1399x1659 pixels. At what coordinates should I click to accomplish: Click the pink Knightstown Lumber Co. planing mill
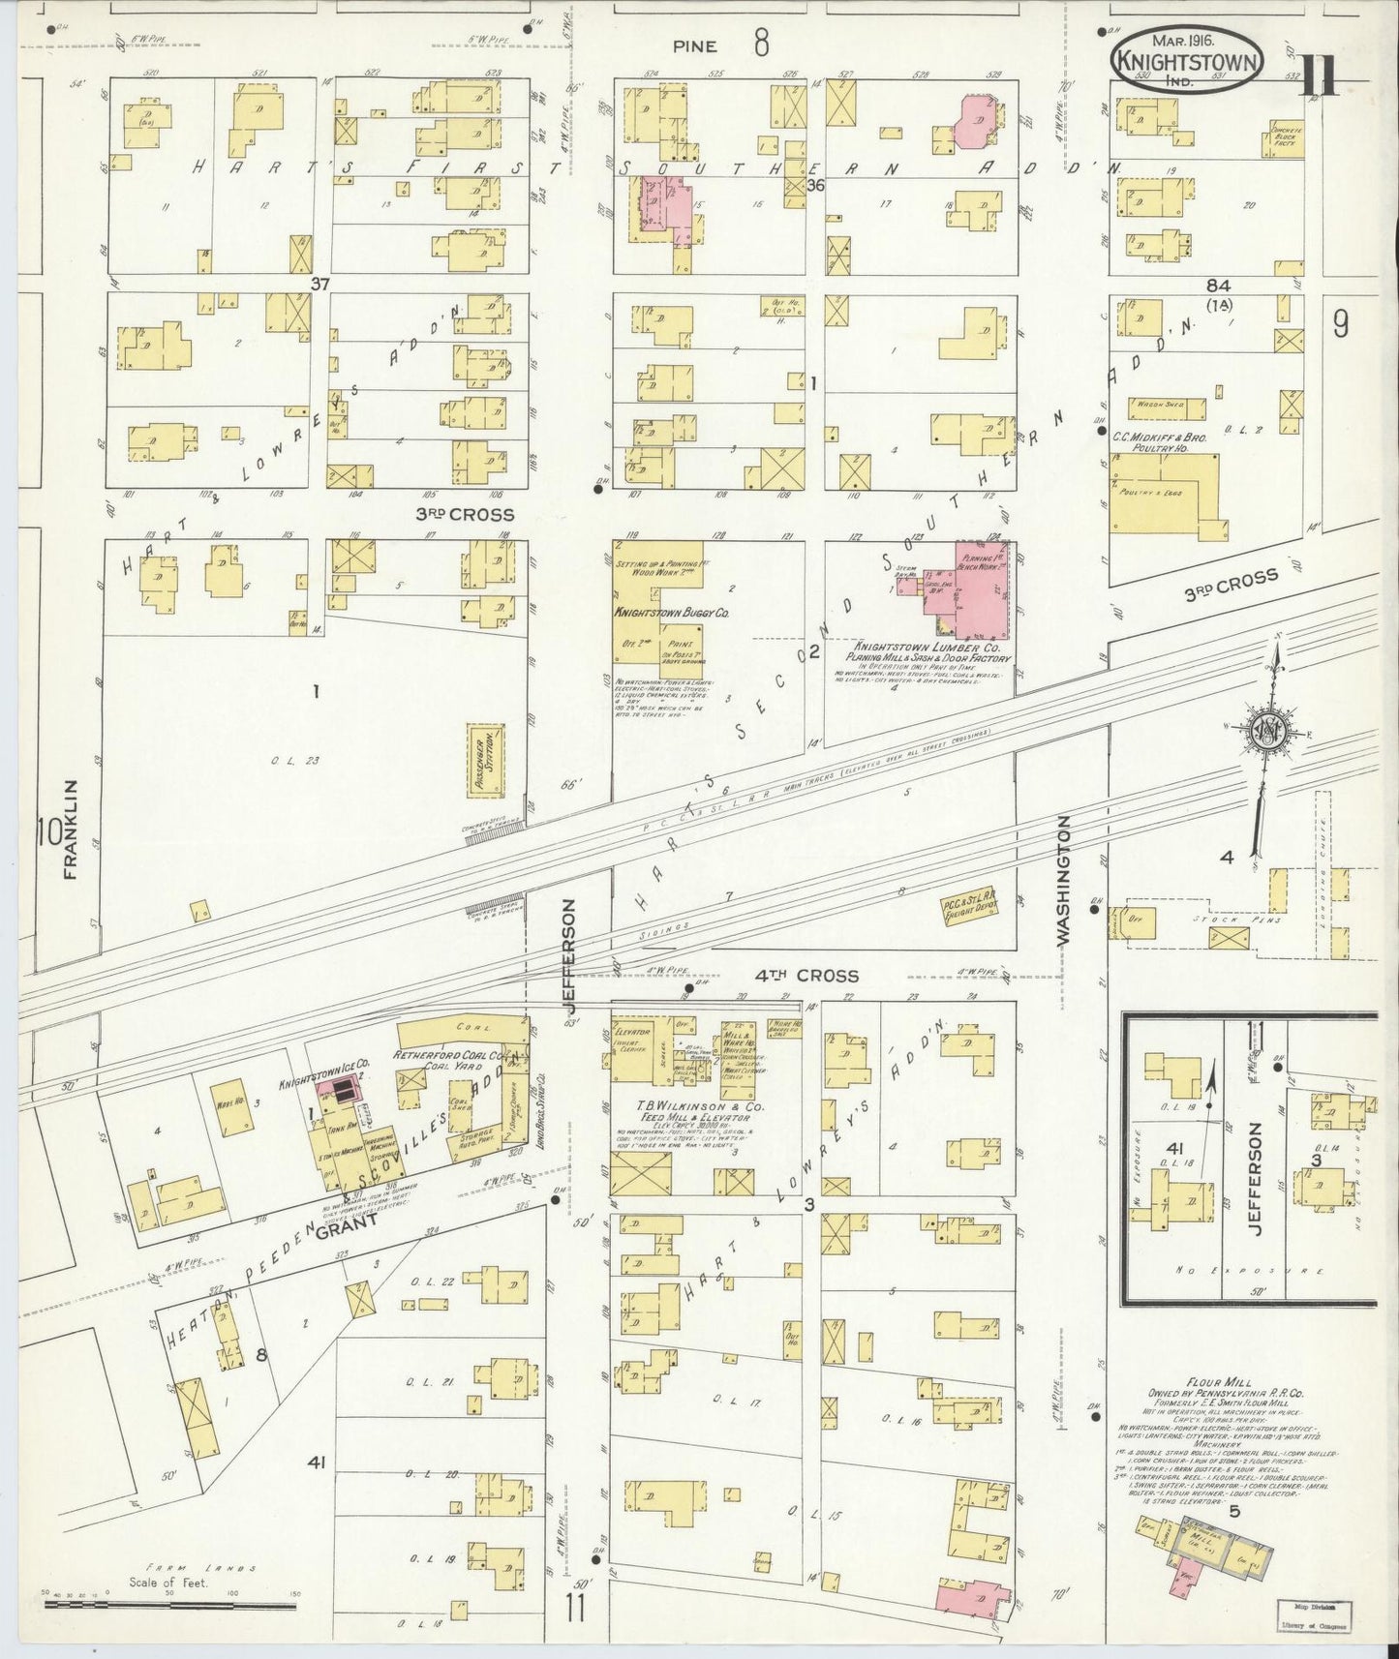[x=980, y=588]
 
